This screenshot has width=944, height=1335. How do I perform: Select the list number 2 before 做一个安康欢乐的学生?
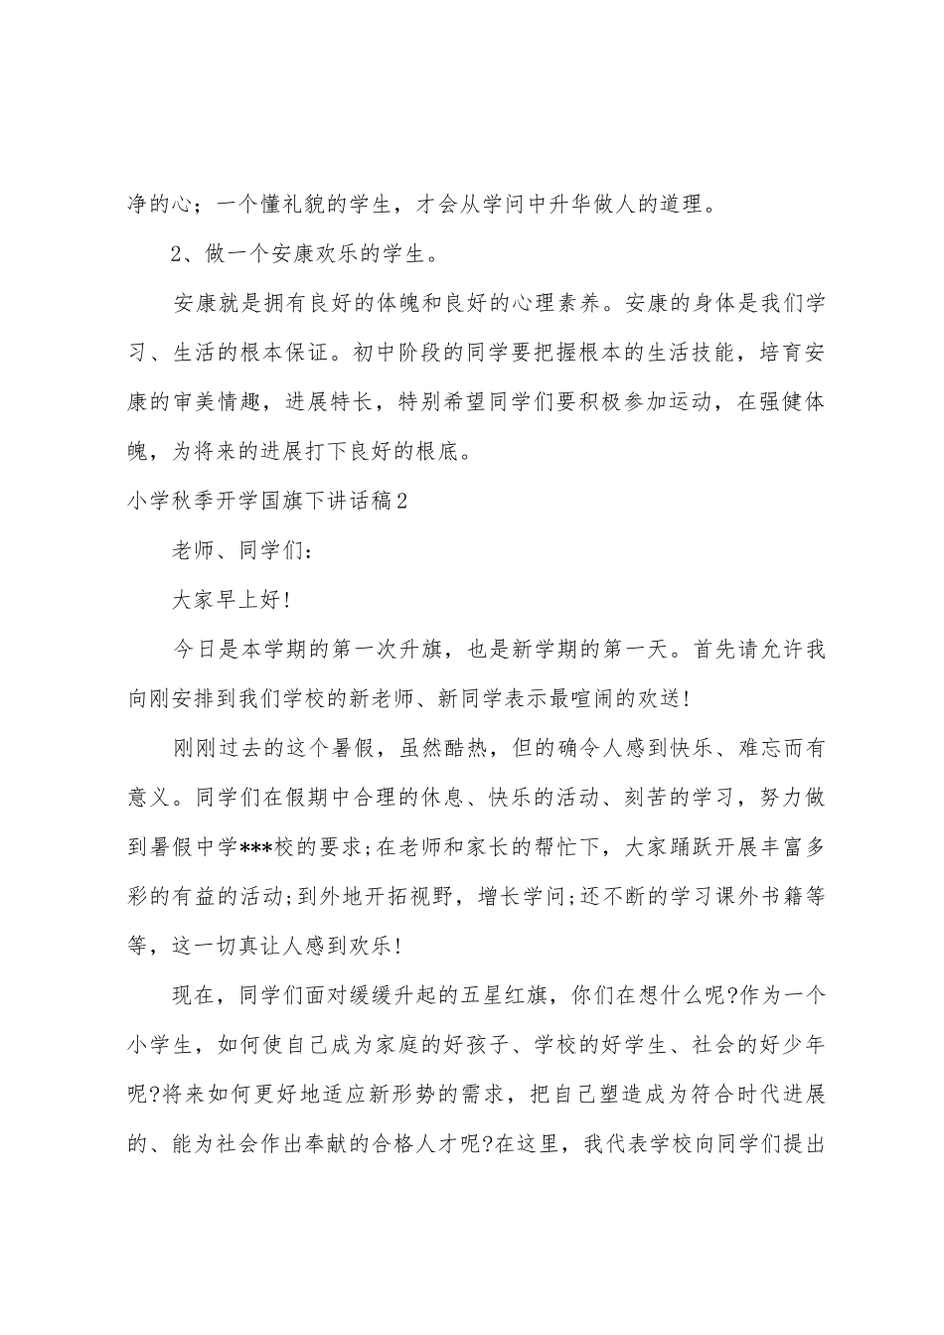[x=179, y=254]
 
